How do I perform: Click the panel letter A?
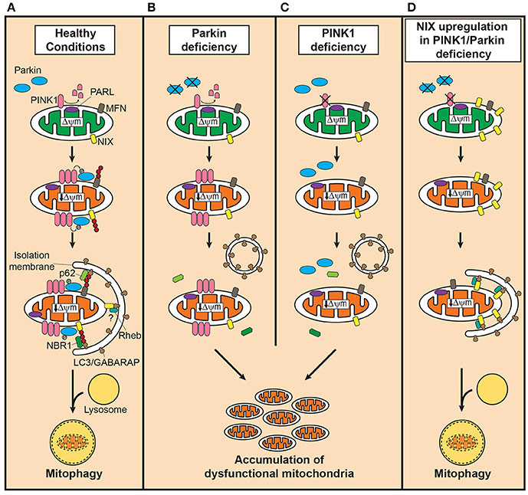7,7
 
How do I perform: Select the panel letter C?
283,7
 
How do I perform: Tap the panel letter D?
409,7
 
